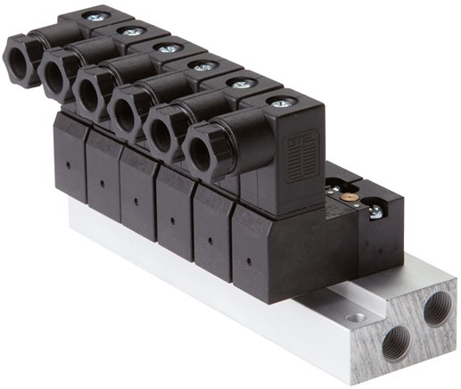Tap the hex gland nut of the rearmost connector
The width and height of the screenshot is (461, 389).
21,60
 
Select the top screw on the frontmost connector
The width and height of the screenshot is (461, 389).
280,103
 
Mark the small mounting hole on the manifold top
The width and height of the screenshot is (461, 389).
358,317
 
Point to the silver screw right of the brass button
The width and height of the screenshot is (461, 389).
375,211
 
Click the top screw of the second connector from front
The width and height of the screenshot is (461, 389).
241,84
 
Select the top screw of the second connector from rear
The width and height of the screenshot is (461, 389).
132,32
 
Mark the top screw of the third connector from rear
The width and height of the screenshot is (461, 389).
168,48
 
